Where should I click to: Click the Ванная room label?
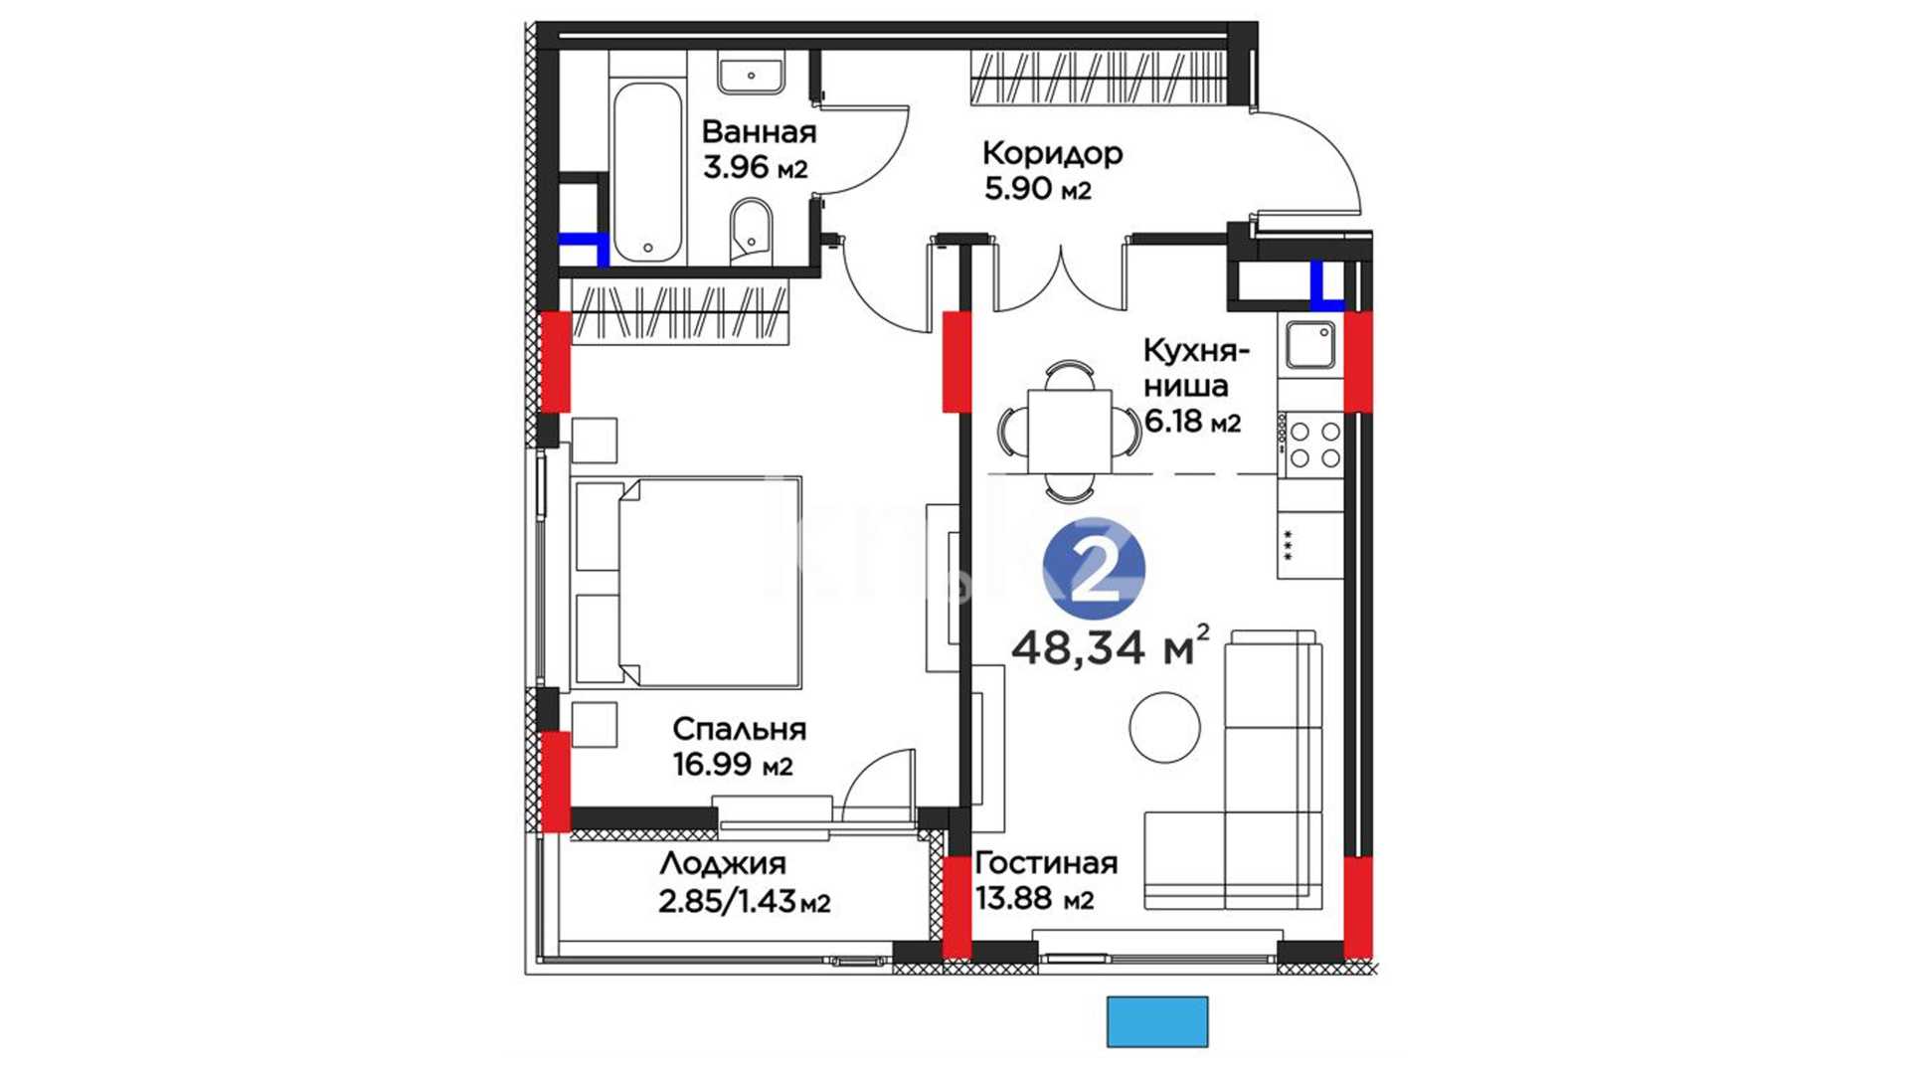[759, 132]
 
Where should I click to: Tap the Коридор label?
[1052, 153]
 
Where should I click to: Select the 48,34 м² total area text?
[1110, 646]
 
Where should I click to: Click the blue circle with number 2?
[1094, 571]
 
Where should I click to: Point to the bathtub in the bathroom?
[647, 172]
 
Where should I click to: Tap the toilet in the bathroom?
[751, 230]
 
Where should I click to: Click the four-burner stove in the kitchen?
[1312, 445]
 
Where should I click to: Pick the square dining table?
[1069, 432]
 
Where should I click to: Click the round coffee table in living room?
[1164, 728]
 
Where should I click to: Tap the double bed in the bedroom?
[686, 582]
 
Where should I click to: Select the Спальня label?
[739, 729]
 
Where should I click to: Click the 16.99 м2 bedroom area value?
[733, 765]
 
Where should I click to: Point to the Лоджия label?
[722, 863]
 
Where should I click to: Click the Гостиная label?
[1046, 862]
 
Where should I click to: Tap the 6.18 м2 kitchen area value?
[1192, 422]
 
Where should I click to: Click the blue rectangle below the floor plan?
[1157, 1021]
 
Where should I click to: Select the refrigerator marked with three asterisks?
[1310, 544]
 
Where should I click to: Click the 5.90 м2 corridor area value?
[1038, 188]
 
